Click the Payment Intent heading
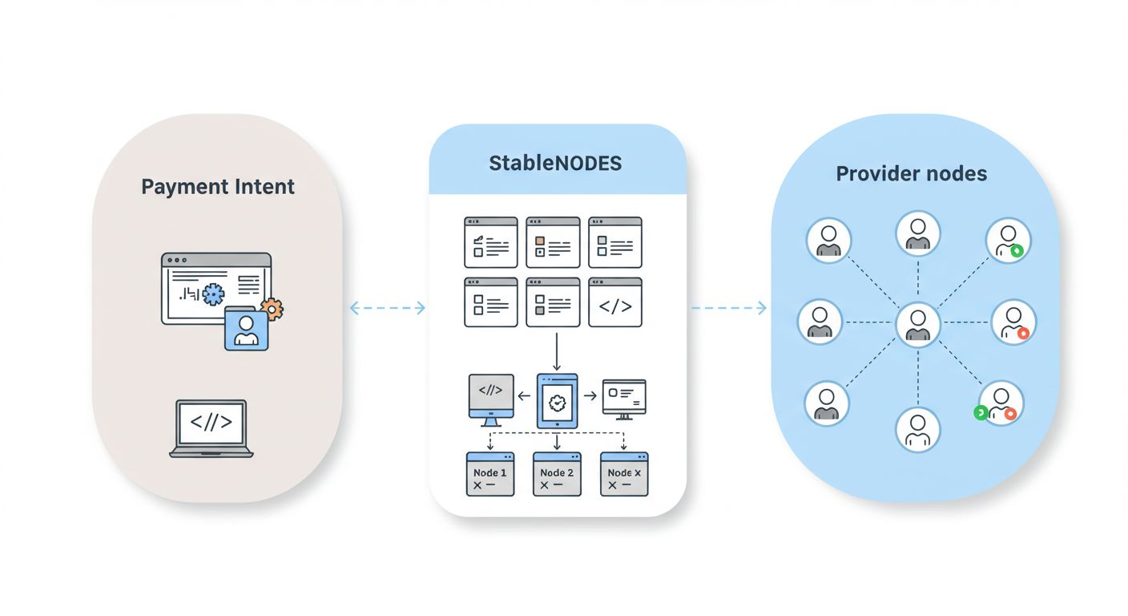(x=218, y=187)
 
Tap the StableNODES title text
(x=555, y=164)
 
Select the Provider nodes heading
(x=911, y=173)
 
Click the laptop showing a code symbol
(x=211, y=428)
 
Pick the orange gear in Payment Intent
(x=272, y=309)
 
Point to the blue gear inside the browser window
(x=212, y=294)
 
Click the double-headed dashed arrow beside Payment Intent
(x=388, y=308)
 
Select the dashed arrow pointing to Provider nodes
(x=728, y=308)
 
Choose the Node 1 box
(x=489, y=473)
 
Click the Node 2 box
(x=557, y=473)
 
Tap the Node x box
(x=624, y=473)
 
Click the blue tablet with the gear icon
(x=558, y=399)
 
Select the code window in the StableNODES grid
(x=615, y=303)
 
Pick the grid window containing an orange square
(x=553, y=242)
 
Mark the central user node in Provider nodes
(x=917, y=324)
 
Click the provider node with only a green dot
(x=1008, y=240)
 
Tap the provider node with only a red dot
(x=1013, y=322)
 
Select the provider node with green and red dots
(x=1000, y=403)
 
